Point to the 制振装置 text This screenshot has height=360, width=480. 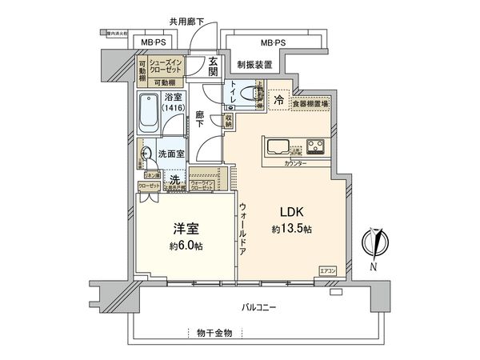pos(254,64)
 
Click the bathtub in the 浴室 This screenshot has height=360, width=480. pos(149,114)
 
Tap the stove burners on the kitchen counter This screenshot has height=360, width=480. pos(317,146)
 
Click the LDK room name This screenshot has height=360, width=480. pos(290,212)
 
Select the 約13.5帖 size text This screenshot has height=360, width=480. pos(290,230)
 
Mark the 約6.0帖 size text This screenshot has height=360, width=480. pos(185,246)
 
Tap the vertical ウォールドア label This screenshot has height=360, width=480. pos(243,229)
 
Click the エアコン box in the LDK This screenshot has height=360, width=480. pos(329,270)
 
